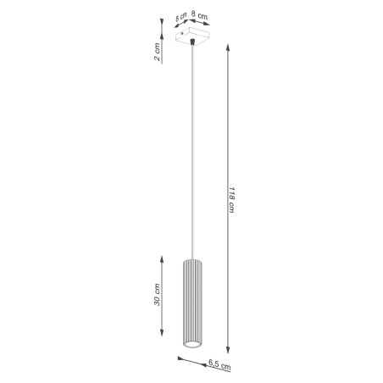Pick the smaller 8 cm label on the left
click(x=182, y=17)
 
